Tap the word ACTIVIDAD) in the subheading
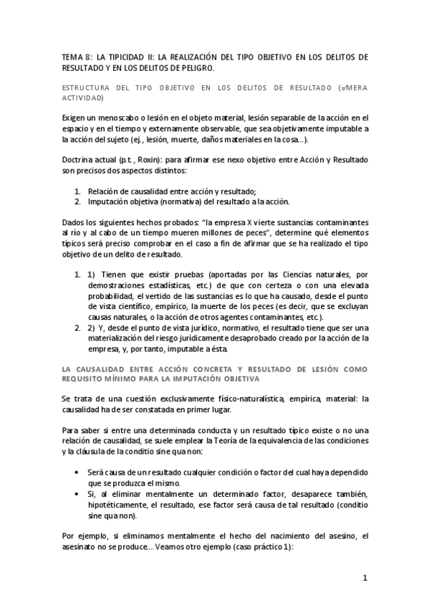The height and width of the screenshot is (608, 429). (82, 97)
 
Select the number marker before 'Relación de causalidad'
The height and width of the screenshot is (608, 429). (78, 191)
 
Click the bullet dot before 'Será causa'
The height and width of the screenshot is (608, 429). (77, 474)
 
